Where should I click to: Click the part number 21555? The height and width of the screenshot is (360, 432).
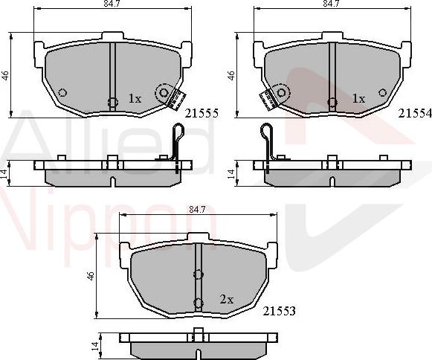pyautogui.click(x=201, y=113)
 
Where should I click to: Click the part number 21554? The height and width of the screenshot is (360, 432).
pyautogui.click(x=414, y=113)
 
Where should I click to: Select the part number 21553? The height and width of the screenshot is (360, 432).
pyautogui.click(x=280, y=311)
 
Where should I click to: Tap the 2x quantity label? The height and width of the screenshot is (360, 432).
pyautogui.click(x=227, y=299)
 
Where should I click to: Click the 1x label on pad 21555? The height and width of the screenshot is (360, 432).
pyautogui.click(x=135, y=98)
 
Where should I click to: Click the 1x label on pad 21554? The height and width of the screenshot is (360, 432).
pyautogui.click(x=358, y=98)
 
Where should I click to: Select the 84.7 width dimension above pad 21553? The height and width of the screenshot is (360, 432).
pyautogui.click(x=197, y=210)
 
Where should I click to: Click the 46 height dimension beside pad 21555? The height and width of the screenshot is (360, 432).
pyautogui.click(x=5, y=76)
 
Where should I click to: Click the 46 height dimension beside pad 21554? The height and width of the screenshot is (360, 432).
pyautogui.click(x=231, y=76)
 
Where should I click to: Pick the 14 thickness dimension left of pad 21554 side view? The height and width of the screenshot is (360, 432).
pyautogui.click(x=231, y=173)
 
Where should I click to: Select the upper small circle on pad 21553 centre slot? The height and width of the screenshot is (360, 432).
pyautogui.click(x=198, y=274)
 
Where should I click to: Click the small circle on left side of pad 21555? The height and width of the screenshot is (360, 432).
pyautogui.click(x=62, y=93)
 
